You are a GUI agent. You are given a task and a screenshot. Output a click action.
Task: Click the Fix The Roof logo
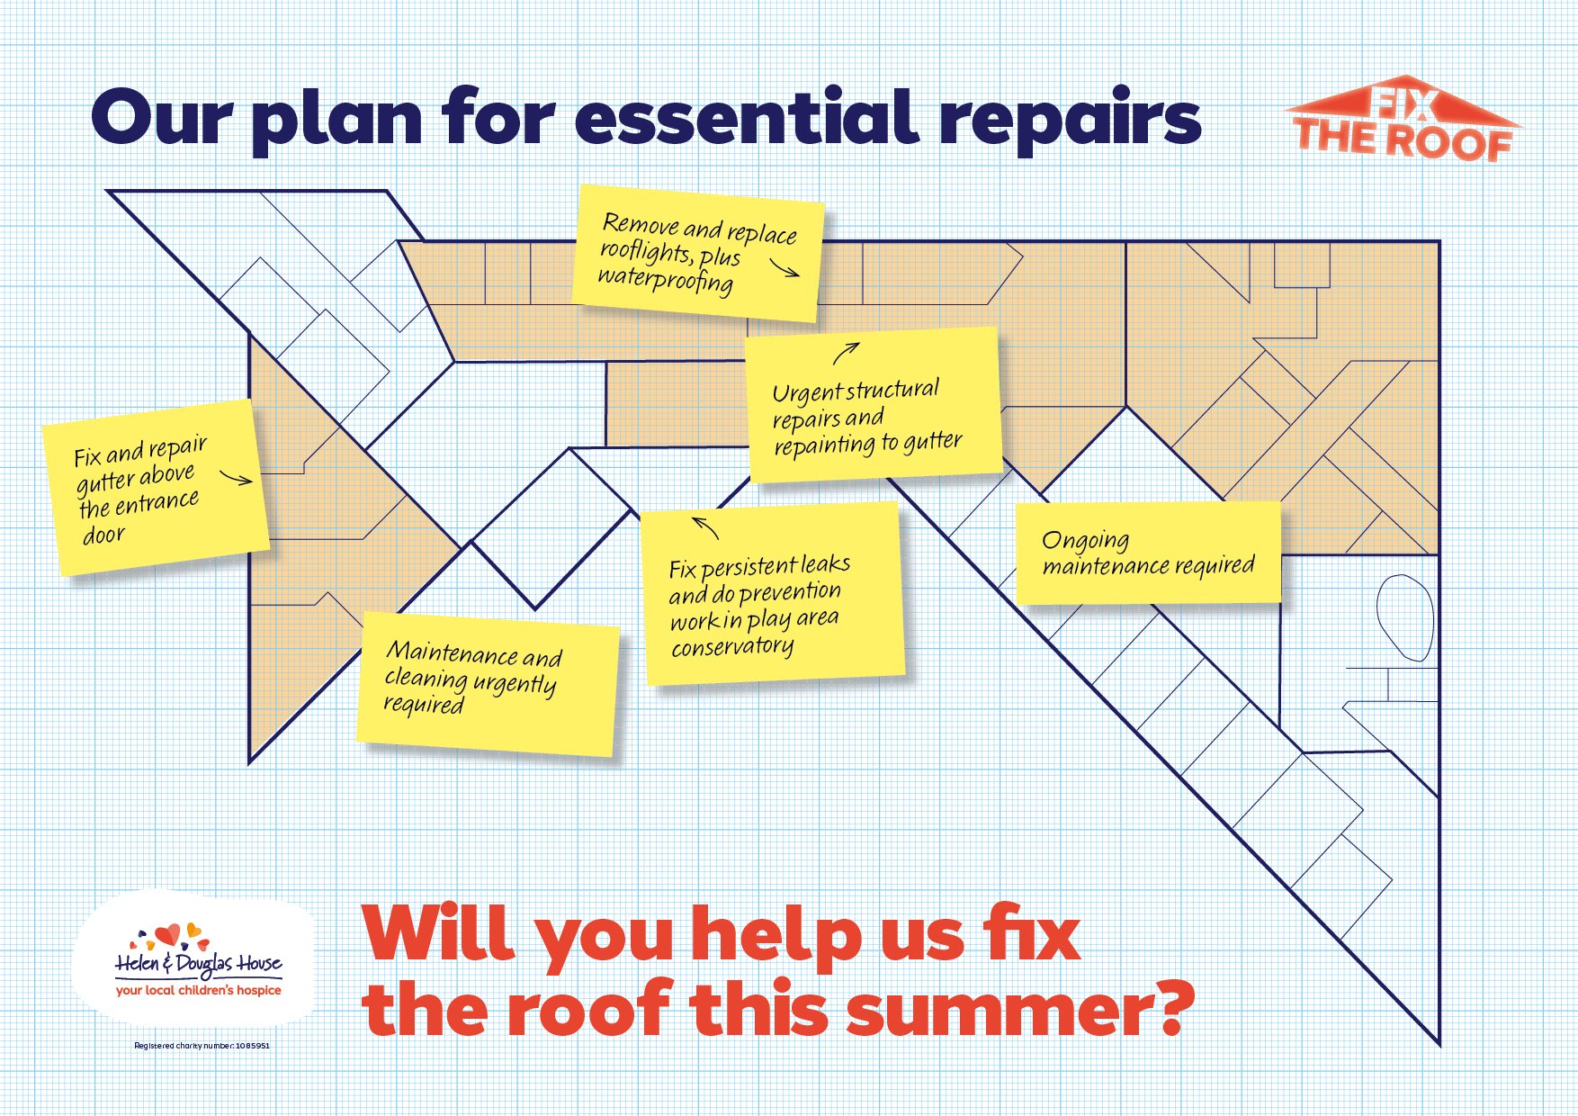click(1403, 120)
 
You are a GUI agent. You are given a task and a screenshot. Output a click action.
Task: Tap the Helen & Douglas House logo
click(199, 960)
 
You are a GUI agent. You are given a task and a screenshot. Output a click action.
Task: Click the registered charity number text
click(202, 1046)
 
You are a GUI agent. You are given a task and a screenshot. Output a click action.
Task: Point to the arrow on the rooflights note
click(785, 268)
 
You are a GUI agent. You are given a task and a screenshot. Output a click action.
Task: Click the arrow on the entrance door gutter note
click(237, 478)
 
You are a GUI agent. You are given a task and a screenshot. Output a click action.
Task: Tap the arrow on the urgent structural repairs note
click(846, 353)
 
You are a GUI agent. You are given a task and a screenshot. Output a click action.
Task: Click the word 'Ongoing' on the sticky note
click(1085, 540)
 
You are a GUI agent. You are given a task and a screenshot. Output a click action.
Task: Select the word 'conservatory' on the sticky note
click(732, 647)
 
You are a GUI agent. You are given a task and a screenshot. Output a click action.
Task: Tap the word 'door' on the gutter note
click(103, 535)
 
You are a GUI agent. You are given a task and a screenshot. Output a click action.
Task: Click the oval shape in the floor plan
click(1405, 617)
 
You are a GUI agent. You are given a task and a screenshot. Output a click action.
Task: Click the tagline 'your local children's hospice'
click(199, 990)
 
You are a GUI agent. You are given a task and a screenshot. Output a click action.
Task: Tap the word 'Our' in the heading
click(162, 118)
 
